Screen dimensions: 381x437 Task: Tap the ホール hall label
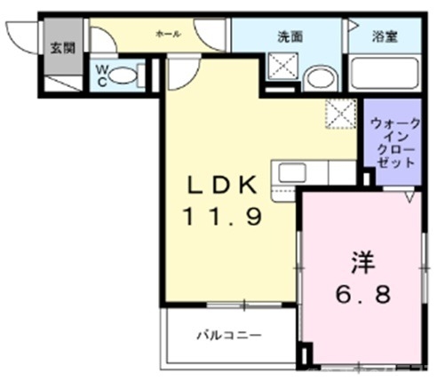pos(168,34)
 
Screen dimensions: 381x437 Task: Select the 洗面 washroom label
pos(290,36)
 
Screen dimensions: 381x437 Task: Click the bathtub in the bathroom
pos(384,72)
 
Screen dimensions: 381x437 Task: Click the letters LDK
pos(222,186)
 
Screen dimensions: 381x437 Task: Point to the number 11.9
pos(222,216)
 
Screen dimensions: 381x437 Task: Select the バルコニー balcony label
pos(228,337)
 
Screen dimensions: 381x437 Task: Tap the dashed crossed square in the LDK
pos(338,115)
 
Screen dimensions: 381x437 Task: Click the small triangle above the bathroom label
pos(353,25)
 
